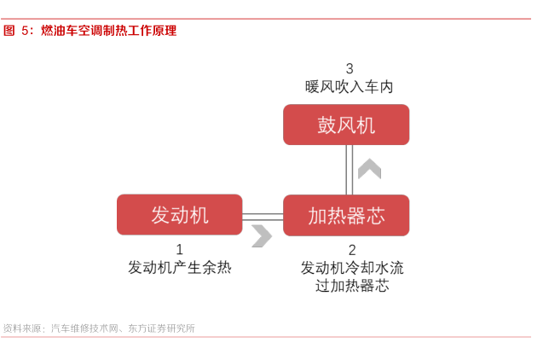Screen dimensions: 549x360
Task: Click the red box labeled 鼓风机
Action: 346,125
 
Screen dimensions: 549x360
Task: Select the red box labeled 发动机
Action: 180,214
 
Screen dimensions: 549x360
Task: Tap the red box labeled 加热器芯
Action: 346,215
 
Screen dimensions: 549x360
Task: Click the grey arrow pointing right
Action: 262,236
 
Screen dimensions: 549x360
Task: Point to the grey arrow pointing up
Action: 369,169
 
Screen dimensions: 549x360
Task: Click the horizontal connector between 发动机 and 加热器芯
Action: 263,217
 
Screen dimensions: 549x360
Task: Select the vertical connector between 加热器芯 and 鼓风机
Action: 349,170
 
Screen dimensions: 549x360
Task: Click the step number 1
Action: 180,250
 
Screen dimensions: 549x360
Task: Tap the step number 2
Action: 352,250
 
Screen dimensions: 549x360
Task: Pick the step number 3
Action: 350,69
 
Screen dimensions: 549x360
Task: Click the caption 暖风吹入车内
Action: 349,86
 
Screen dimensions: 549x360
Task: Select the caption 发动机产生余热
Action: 180,268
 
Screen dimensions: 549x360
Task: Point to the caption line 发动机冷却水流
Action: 352,268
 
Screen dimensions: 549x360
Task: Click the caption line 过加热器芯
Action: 352,286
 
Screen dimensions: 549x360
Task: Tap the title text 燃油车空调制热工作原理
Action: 109,31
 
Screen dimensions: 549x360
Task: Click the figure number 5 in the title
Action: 25,31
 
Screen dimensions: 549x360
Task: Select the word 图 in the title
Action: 9,31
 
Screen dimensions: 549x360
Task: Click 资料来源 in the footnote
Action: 21,328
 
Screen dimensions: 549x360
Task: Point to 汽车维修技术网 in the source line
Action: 84,328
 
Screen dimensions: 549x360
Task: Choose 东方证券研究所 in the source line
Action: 161,328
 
